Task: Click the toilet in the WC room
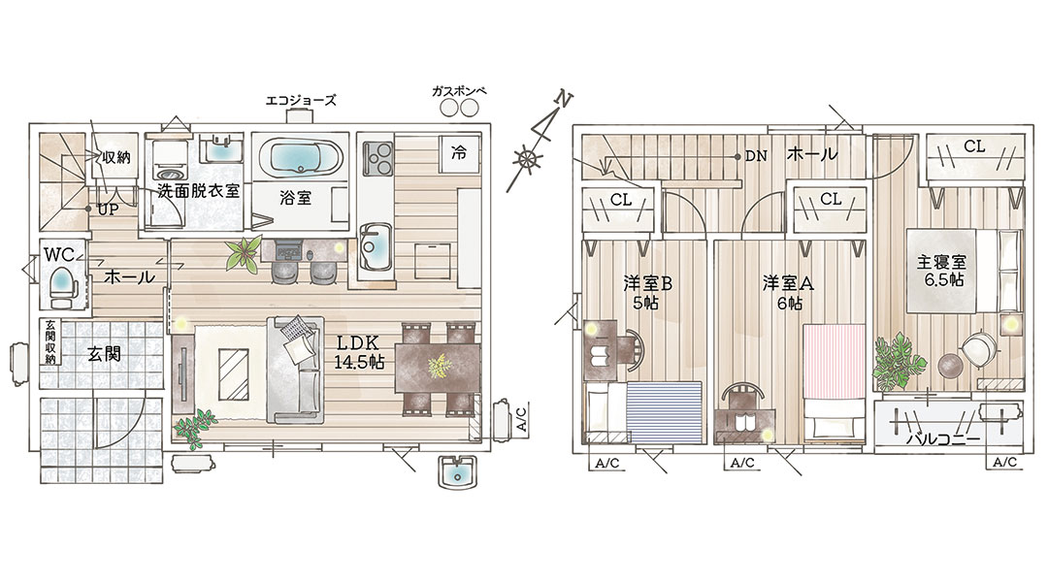tap(64, 283)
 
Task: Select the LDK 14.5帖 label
tap(359, 353)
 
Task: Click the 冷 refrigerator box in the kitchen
tap(459, 153)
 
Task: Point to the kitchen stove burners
tap(377, 158)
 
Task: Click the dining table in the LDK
tap(438, 368)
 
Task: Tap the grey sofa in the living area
tap(295, 370)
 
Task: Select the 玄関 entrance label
tap(104, 353)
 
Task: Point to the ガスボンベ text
tap(458, 91)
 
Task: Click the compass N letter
tap(565, 100)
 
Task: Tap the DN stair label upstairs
tap(756, 156)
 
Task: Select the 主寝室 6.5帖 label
tap(941, 271)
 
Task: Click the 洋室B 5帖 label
tap(647, 293)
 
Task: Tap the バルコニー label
tap(943, 439)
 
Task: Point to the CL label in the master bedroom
tap(974, 146)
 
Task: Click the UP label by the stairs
tap(108, 210)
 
